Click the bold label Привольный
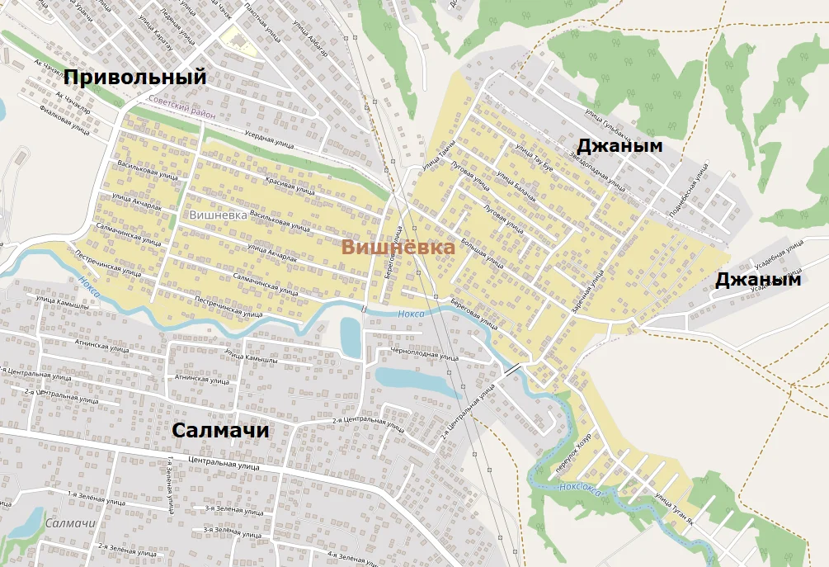(134, 78)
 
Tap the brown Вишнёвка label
(398, 248)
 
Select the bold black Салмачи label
(221, 431)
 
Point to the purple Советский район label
(181, 107)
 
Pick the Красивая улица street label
(290, 186)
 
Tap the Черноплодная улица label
(424, 356)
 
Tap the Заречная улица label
(588, 291)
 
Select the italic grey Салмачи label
(67, 523)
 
